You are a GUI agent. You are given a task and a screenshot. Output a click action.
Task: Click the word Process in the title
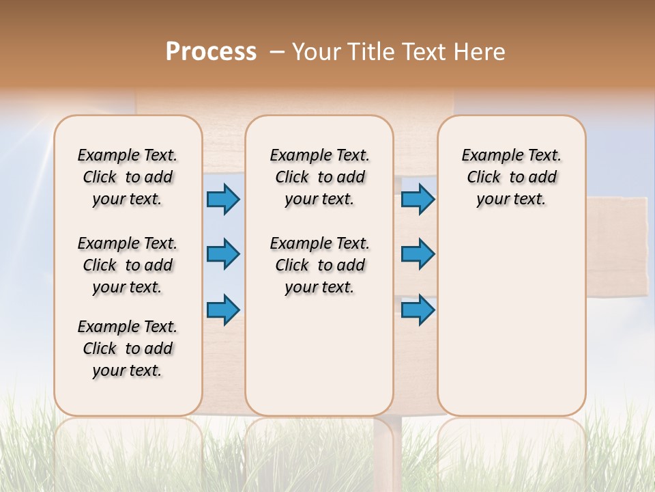[211, 52]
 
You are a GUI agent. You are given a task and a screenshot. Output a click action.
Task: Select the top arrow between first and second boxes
[223, 199]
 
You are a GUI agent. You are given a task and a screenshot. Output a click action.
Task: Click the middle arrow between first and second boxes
[223, 254]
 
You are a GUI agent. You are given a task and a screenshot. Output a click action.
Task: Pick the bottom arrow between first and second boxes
[223, 310]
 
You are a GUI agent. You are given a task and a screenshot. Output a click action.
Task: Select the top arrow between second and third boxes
[418, 199]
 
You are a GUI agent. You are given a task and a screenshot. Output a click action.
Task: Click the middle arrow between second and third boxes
[418, 254]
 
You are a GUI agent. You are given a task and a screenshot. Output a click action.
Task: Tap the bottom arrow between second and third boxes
[418, 310]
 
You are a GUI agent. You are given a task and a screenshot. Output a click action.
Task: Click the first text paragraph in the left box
[128, 177]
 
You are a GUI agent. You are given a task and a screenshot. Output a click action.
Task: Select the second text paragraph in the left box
[128, 265]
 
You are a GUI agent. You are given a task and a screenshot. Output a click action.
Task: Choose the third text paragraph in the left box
[128, 348]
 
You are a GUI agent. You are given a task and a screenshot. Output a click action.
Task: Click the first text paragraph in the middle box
[319, 177]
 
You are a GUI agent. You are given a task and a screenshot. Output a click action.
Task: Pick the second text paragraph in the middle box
[319, 265]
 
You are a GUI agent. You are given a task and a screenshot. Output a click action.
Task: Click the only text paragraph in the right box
[511, 177]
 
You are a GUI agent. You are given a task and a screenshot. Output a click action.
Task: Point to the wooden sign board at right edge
[617, 246]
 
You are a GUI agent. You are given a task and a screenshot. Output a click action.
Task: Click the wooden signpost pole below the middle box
[388, 444]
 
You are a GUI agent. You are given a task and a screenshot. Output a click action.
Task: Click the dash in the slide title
[277, 52]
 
